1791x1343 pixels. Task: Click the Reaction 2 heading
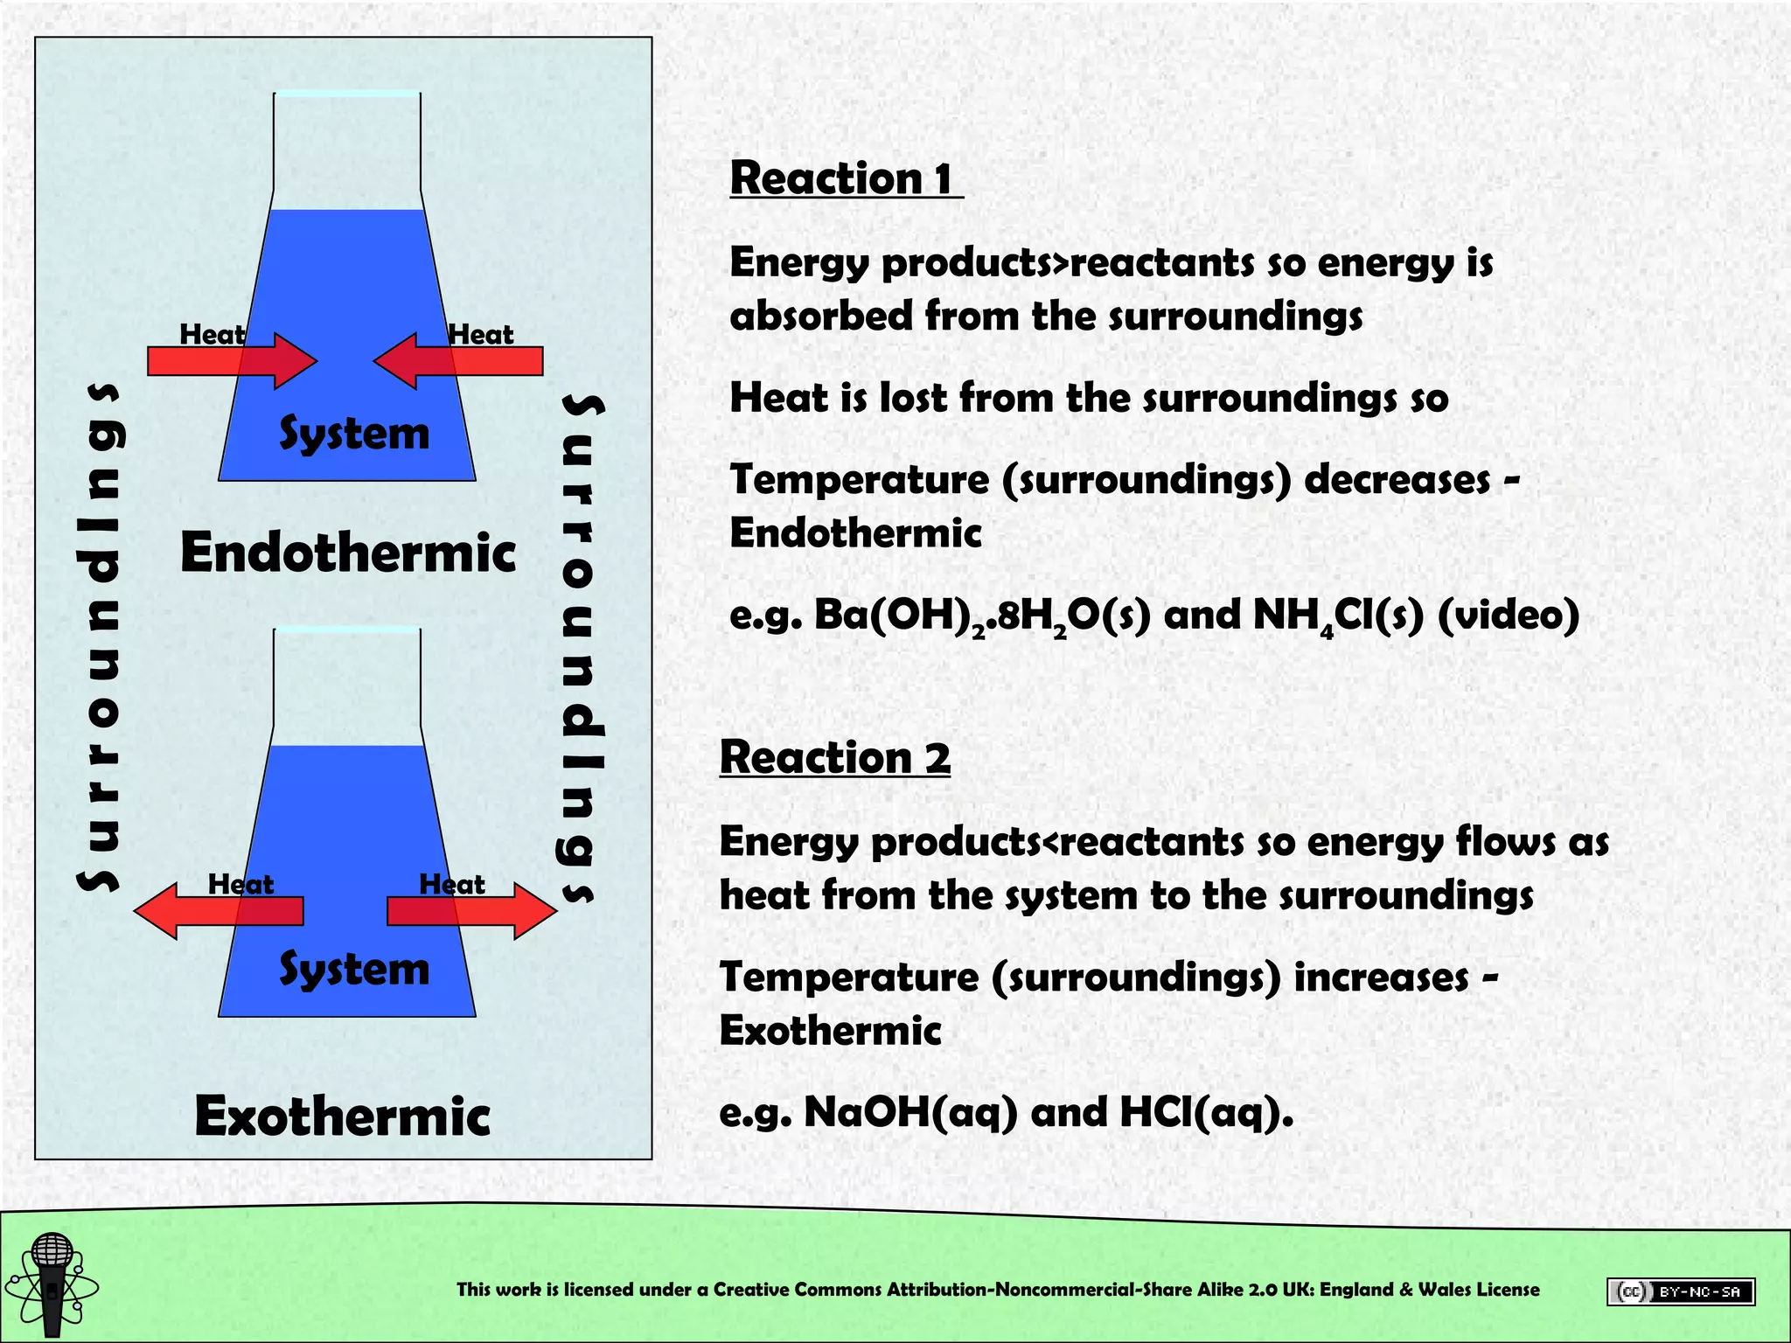click(x=834, y=757)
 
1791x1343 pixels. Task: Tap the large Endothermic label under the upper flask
click(x=348, y=553)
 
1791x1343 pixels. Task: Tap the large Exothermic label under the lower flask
click(x=342, y=1117)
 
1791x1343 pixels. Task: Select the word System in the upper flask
click(x=354, y=435)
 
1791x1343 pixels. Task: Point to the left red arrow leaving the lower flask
click(x=219, y=911)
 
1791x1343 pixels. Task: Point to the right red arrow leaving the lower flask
click(x=472, y=911)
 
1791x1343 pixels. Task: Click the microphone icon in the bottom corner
click(x=52, y=1284)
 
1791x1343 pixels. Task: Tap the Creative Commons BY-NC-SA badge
click(x=1680, y=1291)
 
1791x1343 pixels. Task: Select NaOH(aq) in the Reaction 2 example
click(x=910, y=1113)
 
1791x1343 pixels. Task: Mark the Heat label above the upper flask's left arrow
click(x=212, y=334)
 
